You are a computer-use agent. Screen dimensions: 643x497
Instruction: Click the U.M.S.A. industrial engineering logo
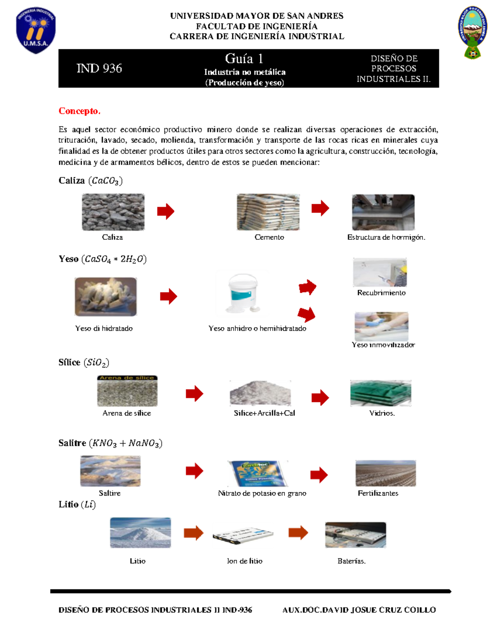(x=36, y=30)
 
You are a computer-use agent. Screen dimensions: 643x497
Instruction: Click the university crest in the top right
(x=472, y=32)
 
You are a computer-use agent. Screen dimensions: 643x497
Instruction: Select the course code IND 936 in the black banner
(x=99, y=68)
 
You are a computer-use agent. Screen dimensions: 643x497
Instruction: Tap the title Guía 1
(x=244, y=58)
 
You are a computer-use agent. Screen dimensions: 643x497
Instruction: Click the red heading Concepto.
(x=79, y=111)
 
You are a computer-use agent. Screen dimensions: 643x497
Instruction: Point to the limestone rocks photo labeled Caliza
(x=113, y=212)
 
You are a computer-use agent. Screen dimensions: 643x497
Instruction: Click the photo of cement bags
(x=268, y=212)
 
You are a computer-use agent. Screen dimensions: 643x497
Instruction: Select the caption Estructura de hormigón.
(x=386, y=237)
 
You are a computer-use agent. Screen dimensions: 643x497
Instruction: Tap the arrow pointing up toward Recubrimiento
(x=307, y=287)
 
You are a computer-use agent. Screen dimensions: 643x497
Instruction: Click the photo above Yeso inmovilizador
(x=381, y=326)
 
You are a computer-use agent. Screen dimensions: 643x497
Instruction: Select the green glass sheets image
(x=381, y=393)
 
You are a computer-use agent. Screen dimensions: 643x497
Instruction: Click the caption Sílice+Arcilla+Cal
(x=264, y=413)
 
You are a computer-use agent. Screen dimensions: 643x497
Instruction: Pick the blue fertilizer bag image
(x=258, y=473)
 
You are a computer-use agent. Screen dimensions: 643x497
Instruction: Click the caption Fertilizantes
(x=378, y=493)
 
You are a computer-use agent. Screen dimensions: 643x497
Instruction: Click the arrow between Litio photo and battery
(x=193, y=533)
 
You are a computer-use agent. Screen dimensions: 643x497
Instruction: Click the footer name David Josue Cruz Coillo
(x=359, y=610)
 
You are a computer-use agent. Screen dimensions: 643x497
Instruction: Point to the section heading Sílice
(x=69, y=362)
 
